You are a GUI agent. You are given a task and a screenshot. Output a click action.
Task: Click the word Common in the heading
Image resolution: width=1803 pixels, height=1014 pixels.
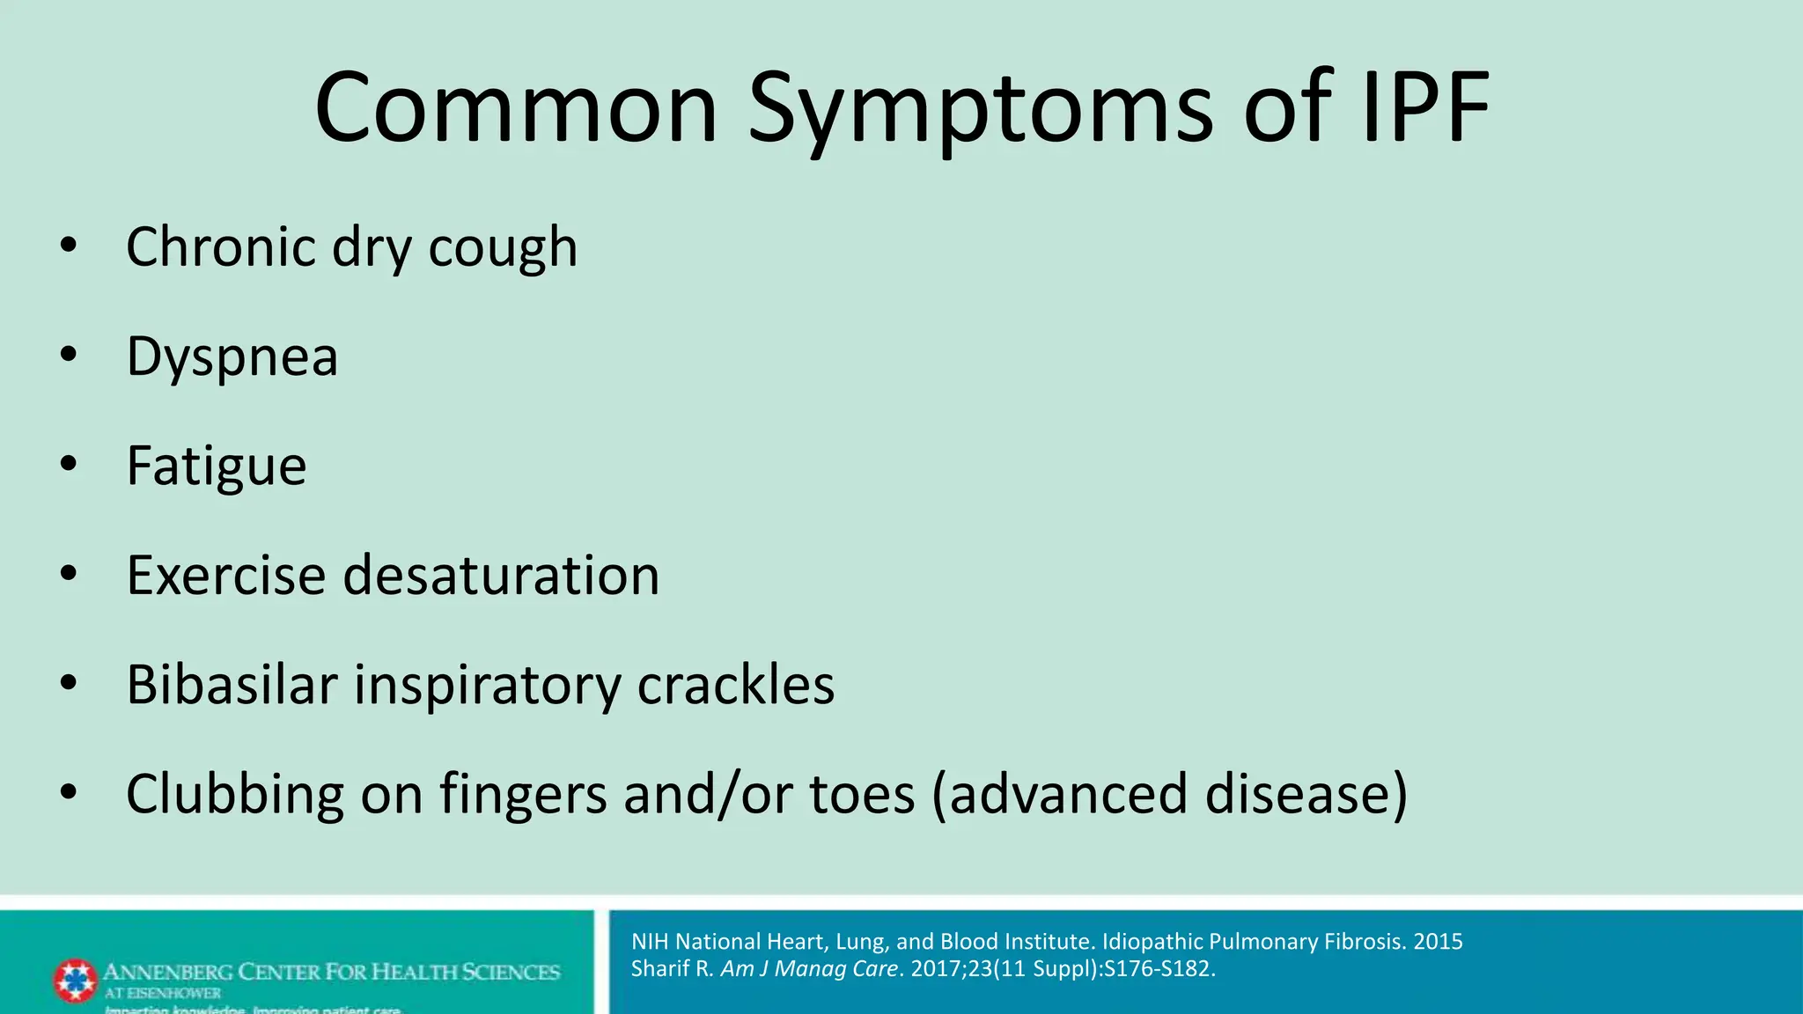[517, 109]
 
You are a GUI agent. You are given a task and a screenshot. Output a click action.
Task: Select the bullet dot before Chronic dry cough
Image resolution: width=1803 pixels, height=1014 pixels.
[69, 246]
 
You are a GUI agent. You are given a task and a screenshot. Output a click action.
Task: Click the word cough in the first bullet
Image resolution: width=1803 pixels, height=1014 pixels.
[503, 248]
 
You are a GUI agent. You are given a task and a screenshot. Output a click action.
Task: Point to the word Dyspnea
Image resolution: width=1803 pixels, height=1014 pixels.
[232, 357]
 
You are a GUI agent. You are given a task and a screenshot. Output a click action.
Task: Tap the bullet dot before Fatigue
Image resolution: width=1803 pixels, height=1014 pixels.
[69, 464]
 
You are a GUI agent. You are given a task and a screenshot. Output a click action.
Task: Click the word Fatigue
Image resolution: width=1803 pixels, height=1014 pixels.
[217, 466]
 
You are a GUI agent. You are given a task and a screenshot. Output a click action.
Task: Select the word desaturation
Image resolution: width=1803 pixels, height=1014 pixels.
[501, 576]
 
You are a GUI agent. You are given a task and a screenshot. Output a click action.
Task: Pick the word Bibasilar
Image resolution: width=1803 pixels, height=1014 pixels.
[232, 685]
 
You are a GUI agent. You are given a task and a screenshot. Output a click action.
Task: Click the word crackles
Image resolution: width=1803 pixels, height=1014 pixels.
[735, 685]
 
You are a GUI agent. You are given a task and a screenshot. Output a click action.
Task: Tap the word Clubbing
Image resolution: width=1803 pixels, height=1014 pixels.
[235, 794]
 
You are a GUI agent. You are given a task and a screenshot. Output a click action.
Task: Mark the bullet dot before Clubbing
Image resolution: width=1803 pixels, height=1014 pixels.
[69, 792]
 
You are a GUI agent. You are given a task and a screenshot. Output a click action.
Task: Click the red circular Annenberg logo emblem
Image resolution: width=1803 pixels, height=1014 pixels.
[75, 981]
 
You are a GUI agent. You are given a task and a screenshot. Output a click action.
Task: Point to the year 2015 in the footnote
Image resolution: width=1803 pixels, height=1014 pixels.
[1438, 942]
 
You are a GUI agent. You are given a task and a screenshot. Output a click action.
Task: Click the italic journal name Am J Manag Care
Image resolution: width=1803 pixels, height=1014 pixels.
[809, 969]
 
